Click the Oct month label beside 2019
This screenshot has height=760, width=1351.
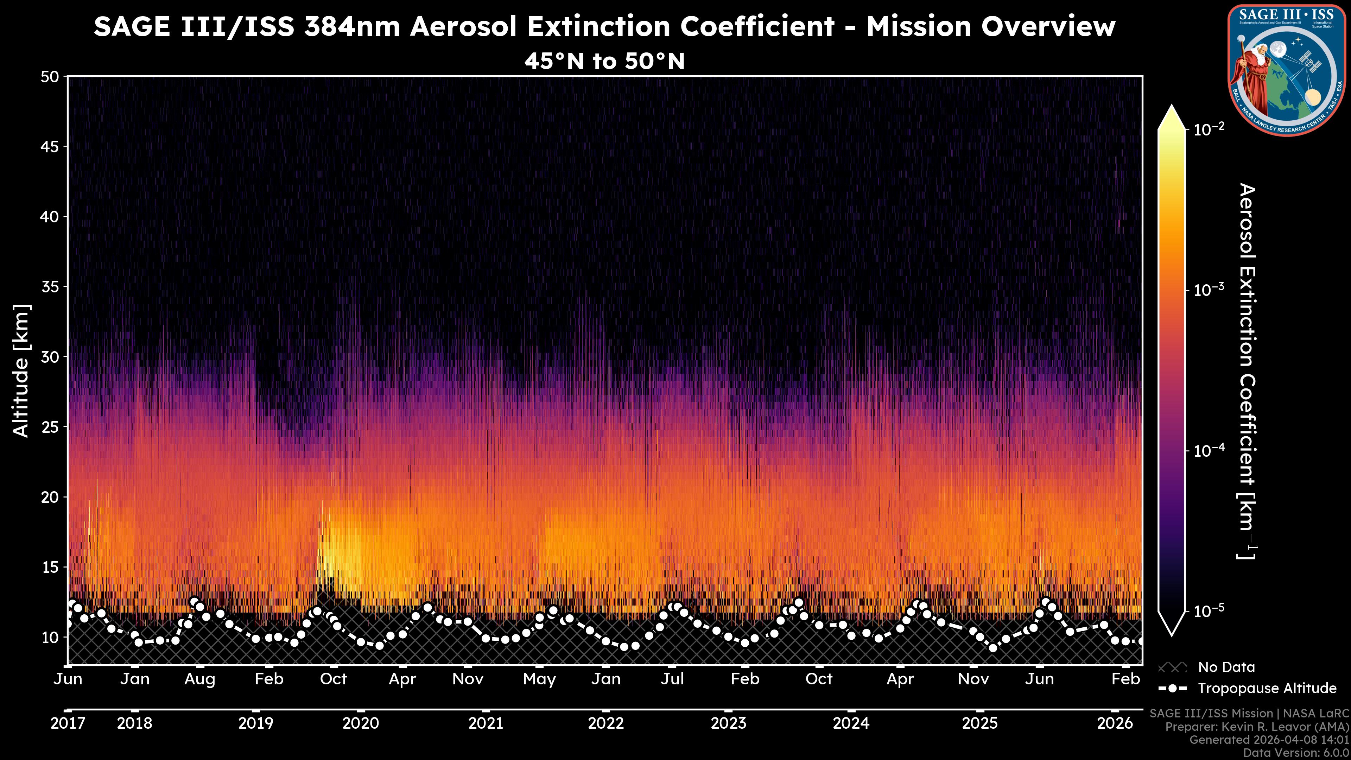click(x=334, y=679)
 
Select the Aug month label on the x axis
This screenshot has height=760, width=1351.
click(x=200, y=679)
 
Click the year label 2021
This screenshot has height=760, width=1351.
click(x=486, y=723)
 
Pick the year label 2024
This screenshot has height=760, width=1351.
click(x=851, y=723)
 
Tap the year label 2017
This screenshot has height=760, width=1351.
click(x=68, y=723)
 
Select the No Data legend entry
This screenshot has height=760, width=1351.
click(x=1226, y=667)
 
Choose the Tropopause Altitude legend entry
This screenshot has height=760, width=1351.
click(x=1267, y=688)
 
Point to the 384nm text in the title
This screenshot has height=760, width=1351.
click(x=353, y=27)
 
